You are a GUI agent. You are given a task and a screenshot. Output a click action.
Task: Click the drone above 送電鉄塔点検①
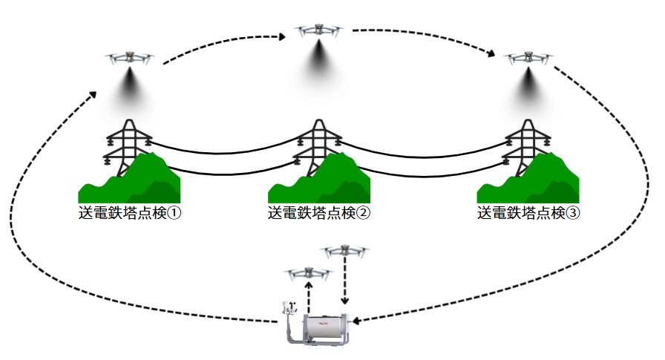pos(130,58)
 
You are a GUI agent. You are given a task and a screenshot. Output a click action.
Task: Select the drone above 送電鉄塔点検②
pos(320,32)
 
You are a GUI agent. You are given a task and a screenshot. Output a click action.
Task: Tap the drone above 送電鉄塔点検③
pos(528,58)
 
